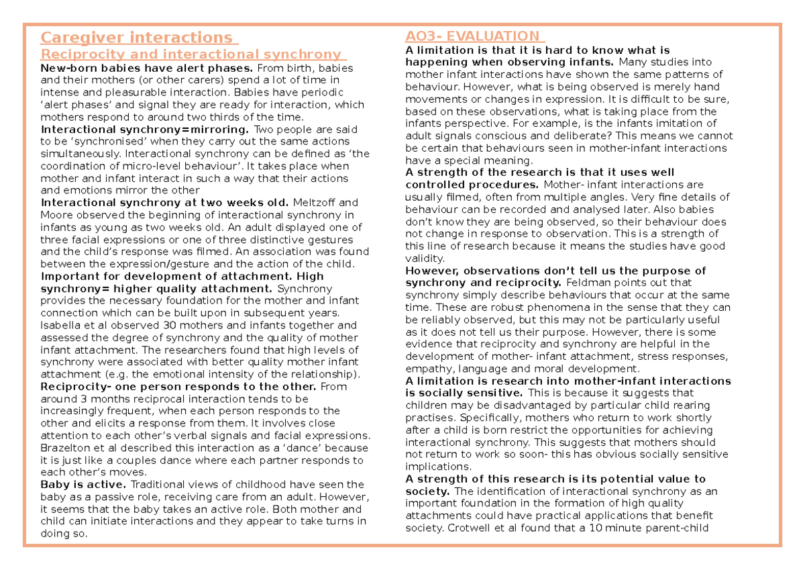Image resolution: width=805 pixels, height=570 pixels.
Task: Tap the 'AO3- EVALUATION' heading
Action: (x=472, y=36)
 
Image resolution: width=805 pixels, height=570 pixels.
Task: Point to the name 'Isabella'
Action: (x=62, y=326)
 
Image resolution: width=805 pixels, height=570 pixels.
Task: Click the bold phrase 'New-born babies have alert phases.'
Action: (x=147, y=68)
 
